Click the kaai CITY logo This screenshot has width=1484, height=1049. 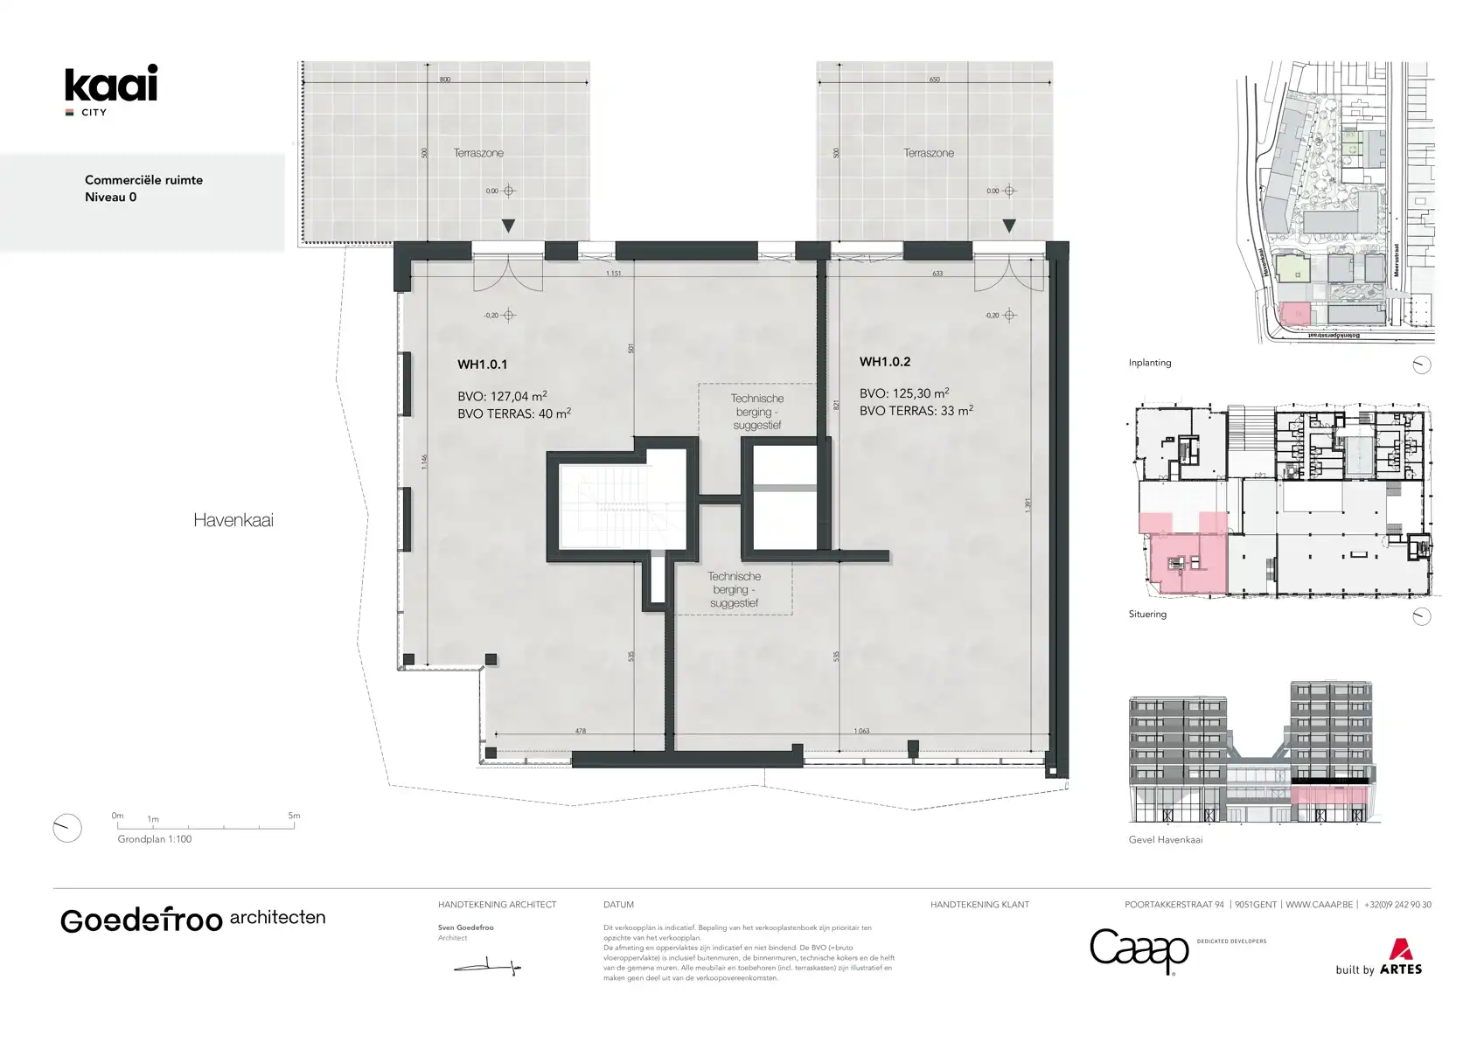point(111,88)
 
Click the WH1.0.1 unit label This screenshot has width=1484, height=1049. point(482,365)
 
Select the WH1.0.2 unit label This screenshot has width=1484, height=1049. point(884,362)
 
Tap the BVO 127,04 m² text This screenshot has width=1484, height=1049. point(502,396)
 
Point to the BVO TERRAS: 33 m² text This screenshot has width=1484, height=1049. point(916,411)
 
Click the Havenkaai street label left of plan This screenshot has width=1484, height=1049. point(233,520)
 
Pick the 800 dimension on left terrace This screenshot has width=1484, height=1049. point(445,80)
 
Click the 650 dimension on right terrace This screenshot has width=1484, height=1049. point(934,80)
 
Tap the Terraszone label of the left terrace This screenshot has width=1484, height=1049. point(478,153)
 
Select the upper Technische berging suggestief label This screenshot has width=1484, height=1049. point(756,412)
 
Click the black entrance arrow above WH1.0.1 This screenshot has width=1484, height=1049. point(508,226)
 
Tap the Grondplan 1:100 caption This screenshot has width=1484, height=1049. point(155,839)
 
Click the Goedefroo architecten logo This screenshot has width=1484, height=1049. point(192,920)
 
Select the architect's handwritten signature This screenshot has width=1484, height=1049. point(487,967)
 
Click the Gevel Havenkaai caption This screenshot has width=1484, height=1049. point(1165,840)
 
